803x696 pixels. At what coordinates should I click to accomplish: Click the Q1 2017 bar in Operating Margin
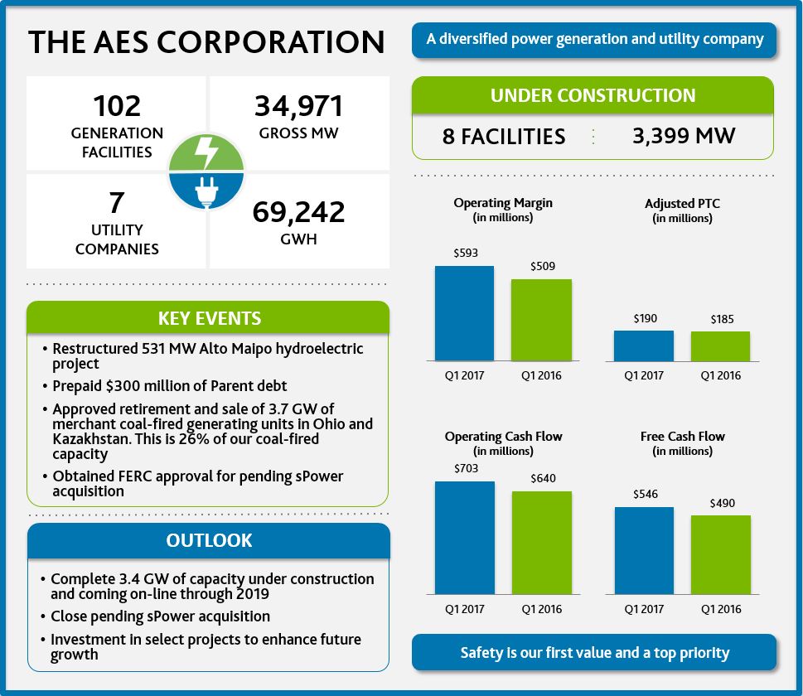[464, 313]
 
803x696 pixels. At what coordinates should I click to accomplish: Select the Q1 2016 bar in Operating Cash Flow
[541, 543]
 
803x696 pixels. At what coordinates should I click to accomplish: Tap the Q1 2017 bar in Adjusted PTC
[644, 346]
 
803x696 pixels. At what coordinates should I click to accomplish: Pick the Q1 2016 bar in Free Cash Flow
[720, 554]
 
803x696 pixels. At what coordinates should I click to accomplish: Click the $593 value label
[466, 254]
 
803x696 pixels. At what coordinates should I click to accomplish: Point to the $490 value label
[722, 503]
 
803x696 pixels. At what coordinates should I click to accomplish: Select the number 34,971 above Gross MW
[298, 107]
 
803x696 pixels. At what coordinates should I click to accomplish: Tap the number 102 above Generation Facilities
[117, 106]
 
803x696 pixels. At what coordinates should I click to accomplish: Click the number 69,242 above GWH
[298, 212]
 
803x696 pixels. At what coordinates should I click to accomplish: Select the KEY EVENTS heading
[209, 318]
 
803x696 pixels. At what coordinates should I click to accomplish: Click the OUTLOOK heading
[209, 540]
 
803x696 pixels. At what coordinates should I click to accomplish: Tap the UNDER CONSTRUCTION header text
[593, 95]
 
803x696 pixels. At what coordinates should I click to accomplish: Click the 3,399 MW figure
[684, 136]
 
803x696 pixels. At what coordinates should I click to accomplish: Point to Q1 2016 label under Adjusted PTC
[720, 375]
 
